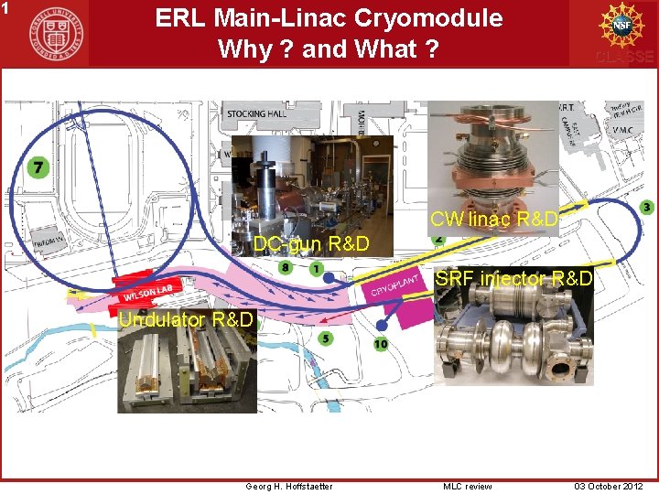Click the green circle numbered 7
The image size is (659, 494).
[x=38, y=167]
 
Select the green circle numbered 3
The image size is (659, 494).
[x=646, y=208]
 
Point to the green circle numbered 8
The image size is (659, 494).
[x=286, y=267]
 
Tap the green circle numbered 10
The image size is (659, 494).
[x=381, y=344]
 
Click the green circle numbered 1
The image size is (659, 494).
[x=316, y=269]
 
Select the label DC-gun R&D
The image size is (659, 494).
[x=311, y=244]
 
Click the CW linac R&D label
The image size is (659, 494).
[x=493, y=220]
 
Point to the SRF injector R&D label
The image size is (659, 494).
[x=513, y=277]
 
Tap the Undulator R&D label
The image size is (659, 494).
[x=187, y=319]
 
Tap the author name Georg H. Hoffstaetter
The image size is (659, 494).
[x=289, y=486]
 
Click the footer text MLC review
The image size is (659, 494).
[x=468, y=486]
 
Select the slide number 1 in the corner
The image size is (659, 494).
[x=5, y=7]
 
